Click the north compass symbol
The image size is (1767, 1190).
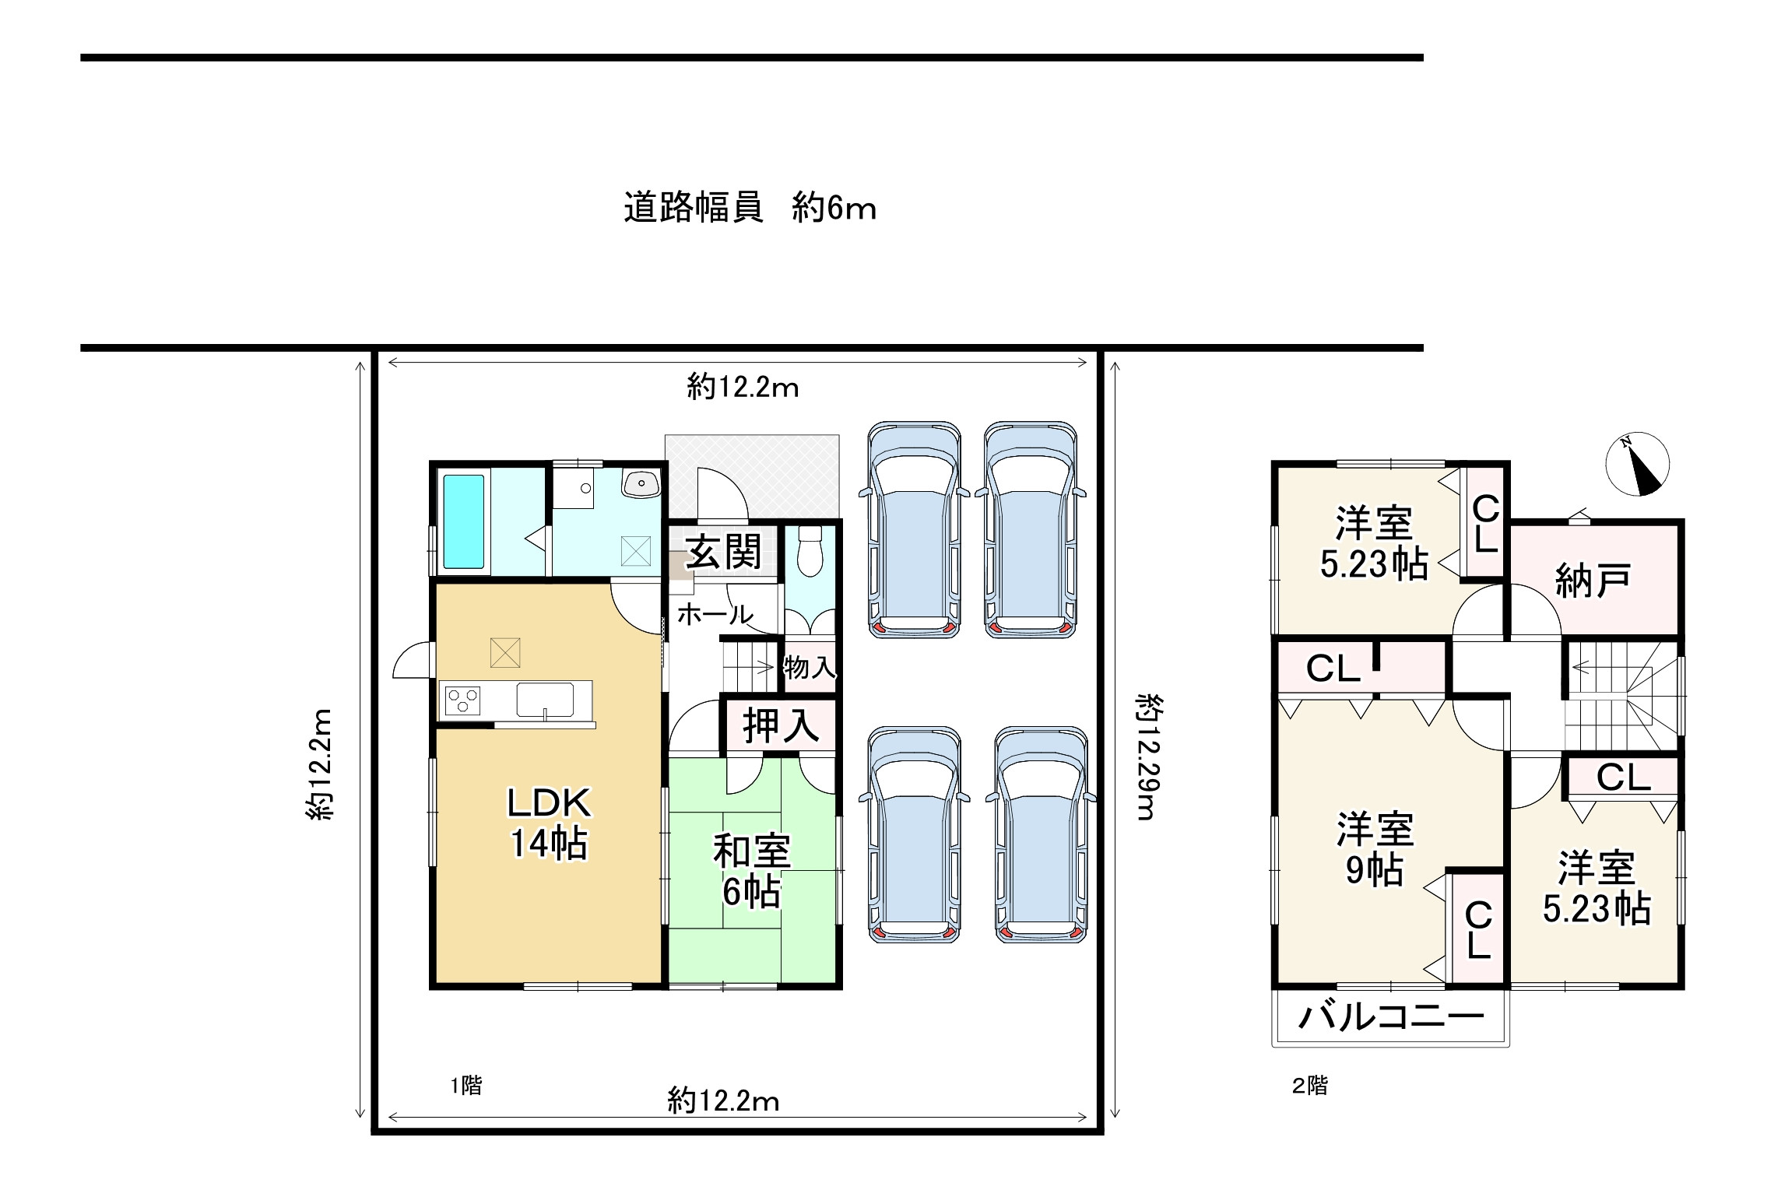1637,464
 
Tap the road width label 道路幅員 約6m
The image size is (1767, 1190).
750,209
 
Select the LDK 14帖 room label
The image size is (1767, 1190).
549,823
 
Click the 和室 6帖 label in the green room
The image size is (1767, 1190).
751,871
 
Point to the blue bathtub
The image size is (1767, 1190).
464,521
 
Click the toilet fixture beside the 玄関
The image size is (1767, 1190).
810,551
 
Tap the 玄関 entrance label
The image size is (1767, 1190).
724,553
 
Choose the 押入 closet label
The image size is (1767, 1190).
781,725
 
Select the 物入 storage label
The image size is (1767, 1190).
810,667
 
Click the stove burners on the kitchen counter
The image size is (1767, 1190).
462,700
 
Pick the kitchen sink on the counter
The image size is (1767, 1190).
545,700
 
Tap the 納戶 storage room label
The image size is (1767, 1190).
1593,581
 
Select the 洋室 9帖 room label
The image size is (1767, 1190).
1375,850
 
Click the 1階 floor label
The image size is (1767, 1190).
466,1085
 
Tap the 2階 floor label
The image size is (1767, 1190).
1310,1085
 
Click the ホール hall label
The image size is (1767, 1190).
715,615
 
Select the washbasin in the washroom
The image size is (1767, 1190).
641,483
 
